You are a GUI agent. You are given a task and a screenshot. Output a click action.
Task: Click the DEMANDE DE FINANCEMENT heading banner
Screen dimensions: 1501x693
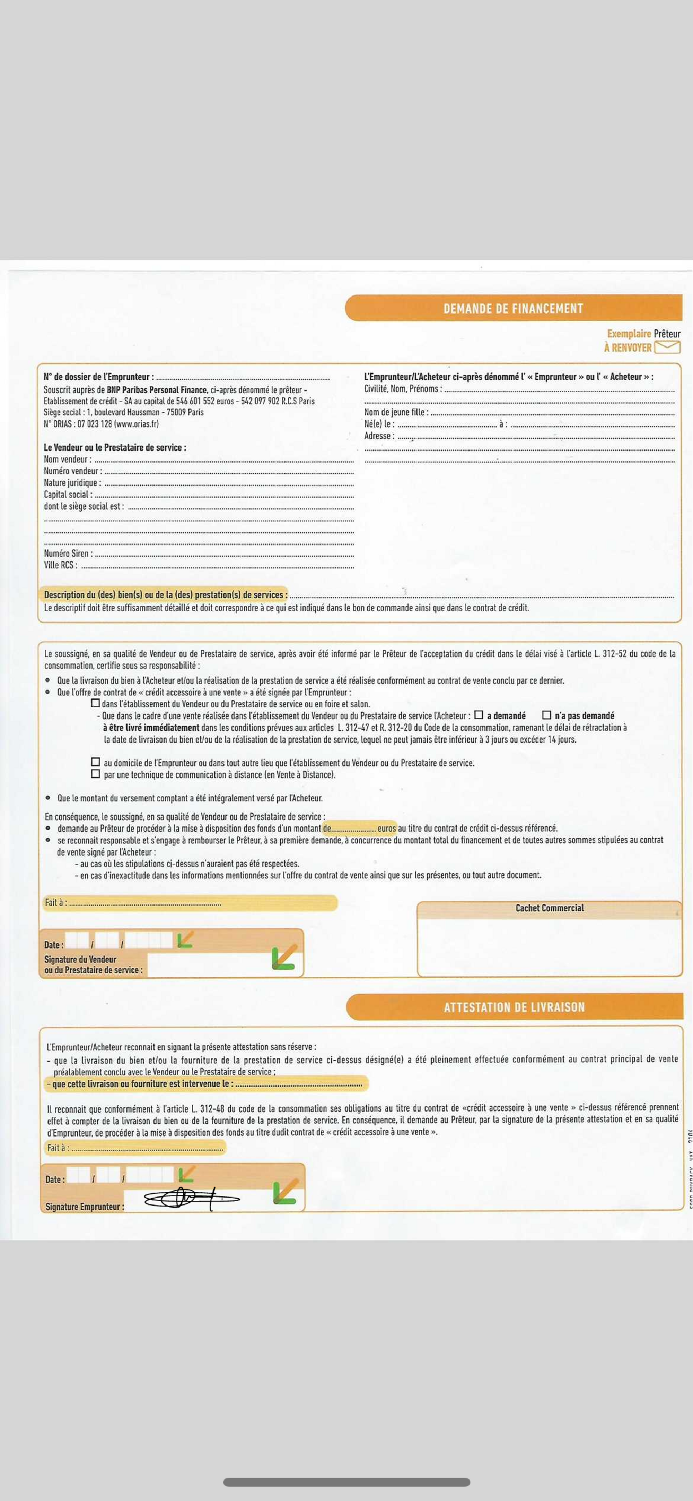(x=513, y=308)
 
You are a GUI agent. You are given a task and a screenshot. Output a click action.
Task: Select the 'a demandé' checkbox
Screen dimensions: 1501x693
(x=479, y=715)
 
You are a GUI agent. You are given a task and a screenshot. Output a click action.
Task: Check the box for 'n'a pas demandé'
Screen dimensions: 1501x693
(x=546, y=715)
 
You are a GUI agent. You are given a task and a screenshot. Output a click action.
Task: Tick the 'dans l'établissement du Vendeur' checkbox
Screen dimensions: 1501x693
(x=96, y=703)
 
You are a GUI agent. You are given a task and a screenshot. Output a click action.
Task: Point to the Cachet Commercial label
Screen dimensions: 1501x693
(x=549, y=908)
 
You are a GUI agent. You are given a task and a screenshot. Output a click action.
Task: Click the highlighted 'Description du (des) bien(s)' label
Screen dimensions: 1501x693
(x=165, y=595)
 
